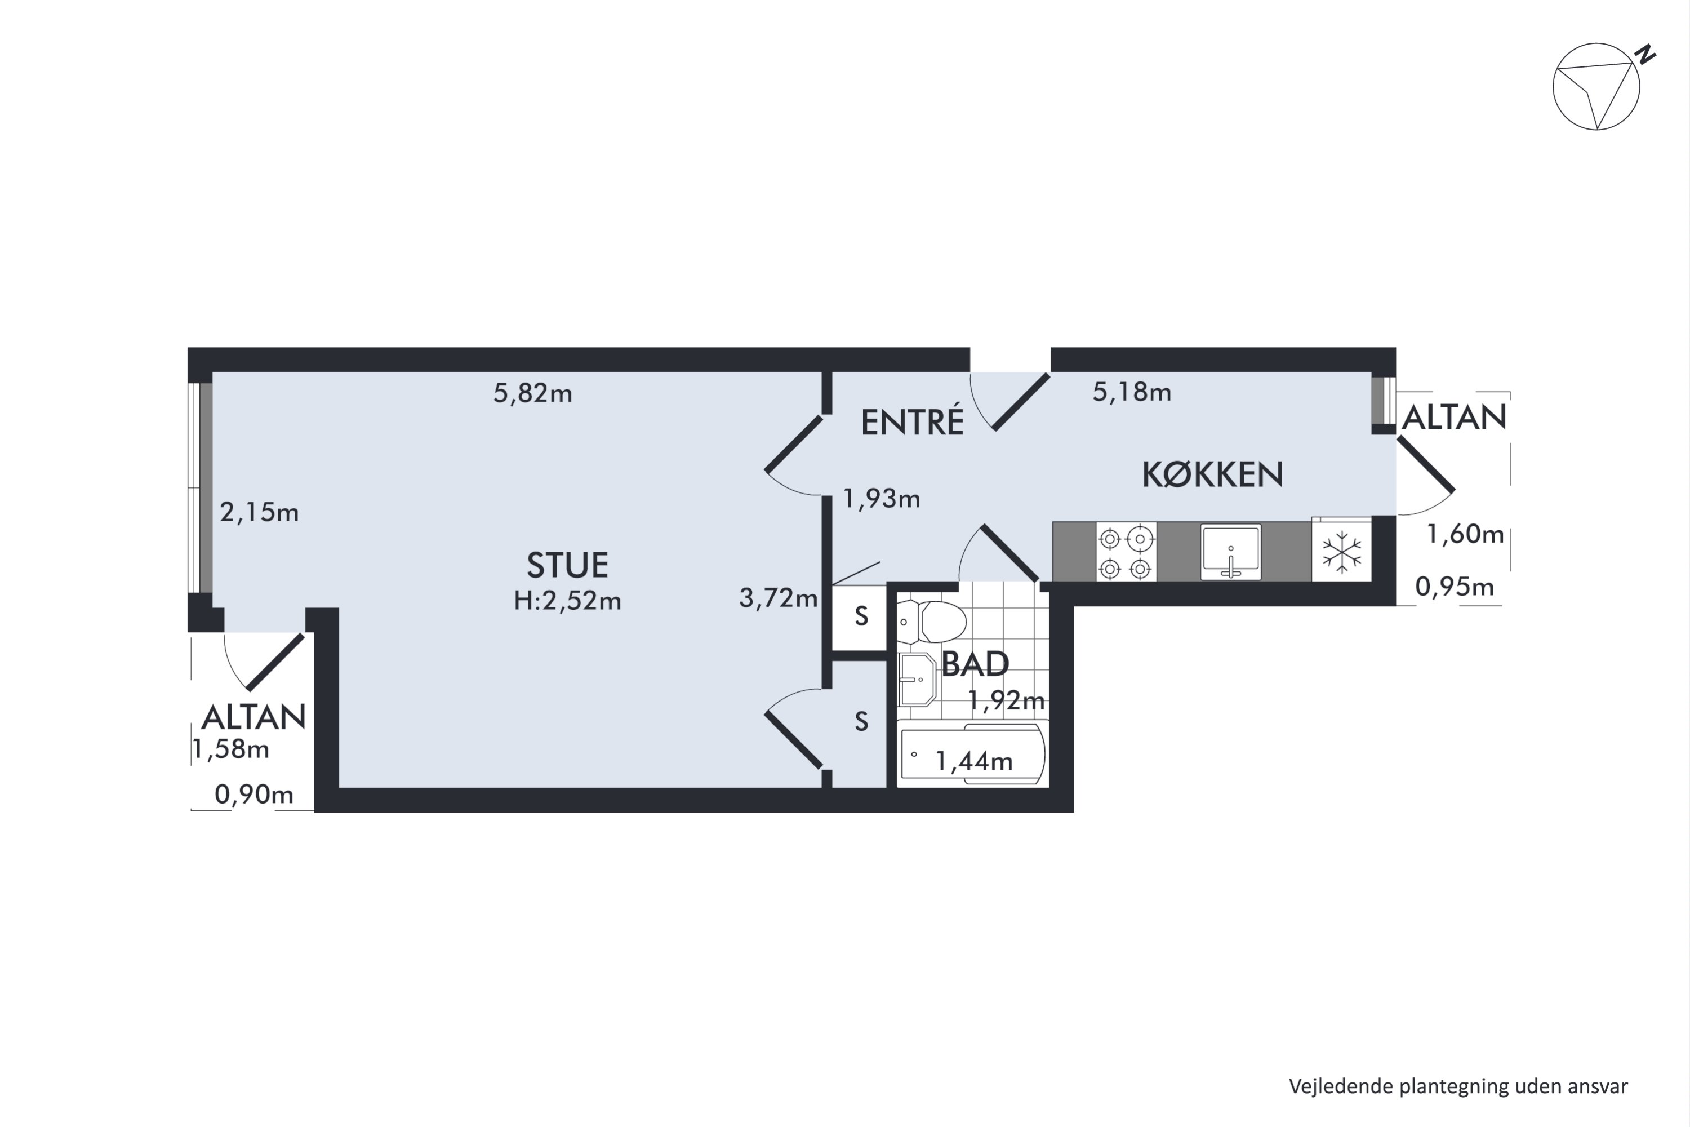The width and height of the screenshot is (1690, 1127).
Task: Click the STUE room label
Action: pos(568,565)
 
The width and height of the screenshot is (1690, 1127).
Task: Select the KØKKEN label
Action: pos(1212,474)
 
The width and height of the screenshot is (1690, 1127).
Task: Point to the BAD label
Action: pos(975,664)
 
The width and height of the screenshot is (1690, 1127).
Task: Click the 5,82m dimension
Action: pos(532,393)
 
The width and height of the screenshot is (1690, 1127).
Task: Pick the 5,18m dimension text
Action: pos(1132,392)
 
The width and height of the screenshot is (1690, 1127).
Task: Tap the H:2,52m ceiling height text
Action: pos(568,600)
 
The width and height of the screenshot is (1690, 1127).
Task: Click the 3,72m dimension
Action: pos(778,597)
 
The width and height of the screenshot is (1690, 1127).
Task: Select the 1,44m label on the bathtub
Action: pos(973,760)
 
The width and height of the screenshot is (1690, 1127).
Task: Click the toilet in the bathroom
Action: pos(931,622)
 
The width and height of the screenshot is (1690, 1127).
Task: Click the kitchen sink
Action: pos(1230,552)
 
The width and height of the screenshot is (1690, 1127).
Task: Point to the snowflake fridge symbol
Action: pos(1341,552)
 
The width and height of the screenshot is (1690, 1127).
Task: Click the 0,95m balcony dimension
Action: pos(1455,587)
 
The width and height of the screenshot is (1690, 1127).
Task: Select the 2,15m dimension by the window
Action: pos(259,512)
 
